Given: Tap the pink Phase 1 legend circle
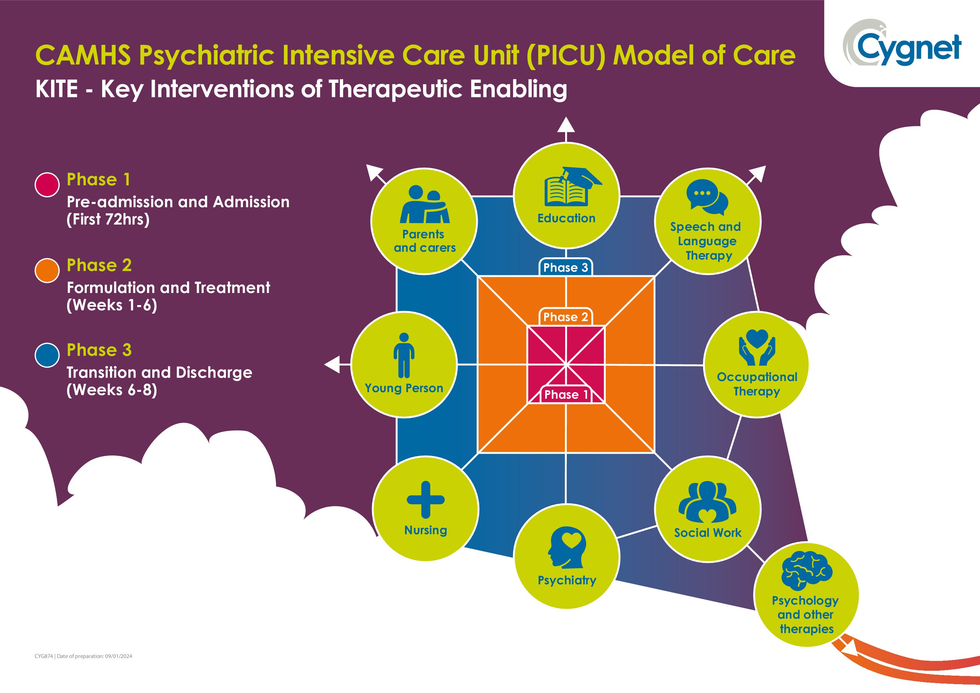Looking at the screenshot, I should pyautogui.click(x=47, y=185).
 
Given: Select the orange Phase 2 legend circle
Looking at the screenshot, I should pyautogui.click(x=47, y=270).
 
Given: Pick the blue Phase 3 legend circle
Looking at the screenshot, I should pyautogui.click(x=47, y=355).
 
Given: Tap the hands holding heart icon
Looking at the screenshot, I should pyautogui.click(x=757, y=347).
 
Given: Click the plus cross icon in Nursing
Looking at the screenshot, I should pyautogui.click(x=426, y=500).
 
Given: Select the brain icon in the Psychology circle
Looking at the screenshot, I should pyautogui.click(x=806, y=570).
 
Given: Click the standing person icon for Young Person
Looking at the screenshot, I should pyautogui.click(x=404, y=356).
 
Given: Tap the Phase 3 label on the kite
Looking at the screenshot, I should pyautogui.click(x=565, y=267).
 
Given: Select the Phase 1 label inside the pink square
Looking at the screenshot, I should pyautogui.click(x=566, y=395).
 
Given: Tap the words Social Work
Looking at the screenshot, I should pyautogui.click(x=708, y=533).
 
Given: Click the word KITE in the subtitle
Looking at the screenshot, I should pyautogui.click(x=56, y=90).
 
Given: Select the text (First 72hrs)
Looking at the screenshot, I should pyautogui.click(x=108, y=219).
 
